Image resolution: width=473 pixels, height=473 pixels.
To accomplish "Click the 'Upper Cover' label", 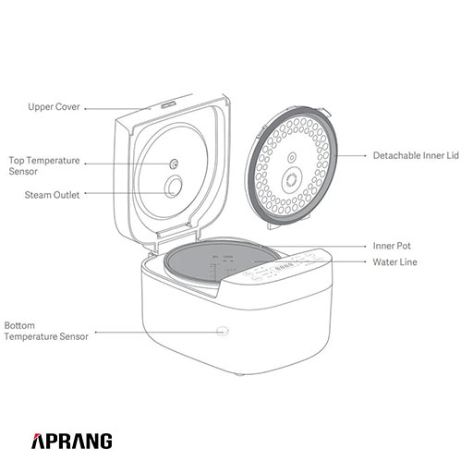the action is tap(54, 107).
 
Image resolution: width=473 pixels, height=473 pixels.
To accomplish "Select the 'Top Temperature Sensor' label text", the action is tap(44, 165).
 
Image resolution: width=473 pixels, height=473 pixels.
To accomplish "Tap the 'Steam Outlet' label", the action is tap(52, 195).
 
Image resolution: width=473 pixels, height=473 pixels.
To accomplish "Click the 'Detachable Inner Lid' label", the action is tap(416, 155).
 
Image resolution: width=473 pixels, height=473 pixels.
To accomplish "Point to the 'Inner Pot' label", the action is tap(392, 246).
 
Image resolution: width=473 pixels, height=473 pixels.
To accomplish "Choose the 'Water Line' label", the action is tap(395, 262).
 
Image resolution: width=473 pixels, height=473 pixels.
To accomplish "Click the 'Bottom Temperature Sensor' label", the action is tap(46, 331).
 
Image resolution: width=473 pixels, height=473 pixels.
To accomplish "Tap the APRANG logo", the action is tap(72, 441).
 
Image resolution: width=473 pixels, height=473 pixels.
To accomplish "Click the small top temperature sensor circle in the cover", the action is tap(175, 164).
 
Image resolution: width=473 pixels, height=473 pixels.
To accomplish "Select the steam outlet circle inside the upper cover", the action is tap(174, 187).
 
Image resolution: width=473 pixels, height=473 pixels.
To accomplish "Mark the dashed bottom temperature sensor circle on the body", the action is tap(223, 332).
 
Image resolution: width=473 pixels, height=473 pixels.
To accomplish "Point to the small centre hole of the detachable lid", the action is tap(292, 158).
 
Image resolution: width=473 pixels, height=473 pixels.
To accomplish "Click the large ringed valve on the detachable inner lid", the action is tap(290, 179).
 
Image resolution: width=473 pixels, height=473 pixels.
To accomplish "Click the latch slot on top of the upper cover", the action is tap(167, 104).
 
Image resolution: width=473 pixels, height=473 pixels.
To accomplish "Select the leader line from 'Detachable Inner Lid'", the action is tap(350, 156).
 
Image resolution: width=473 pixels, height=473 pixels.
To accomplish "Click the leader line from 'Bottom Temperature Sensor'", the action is tap(158, 333).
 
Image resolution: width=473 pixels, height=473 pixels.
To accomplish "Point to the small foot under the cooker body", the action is tap(239, 375).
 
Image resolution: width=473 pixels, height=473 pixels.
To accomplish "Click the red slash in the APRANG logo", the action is tap(36, 436).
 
